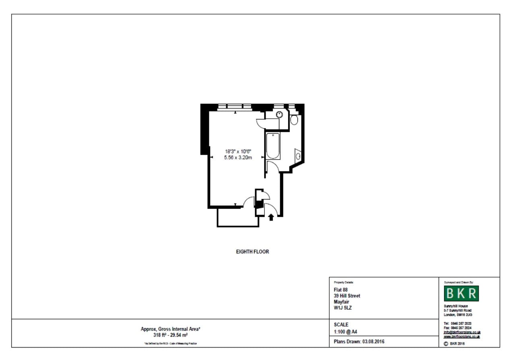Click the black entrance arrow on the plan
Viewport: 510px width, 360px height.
(x=271, y=217)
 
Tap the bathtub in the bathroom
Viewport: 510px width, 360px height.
(x=273, y=146)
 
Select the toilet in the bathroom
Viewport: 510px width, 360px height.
(x=294, y=120)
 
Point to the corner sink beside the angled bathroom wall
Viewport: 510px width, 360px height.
(x=298, y=155)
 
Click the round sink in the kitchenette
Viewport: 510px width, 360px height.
(x=279, y=115)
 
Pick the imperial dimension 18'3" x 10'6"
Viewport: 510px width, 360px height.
(x=238, y=152)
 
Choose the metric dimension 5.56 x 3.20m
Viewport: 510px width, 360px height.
(x=238, y=157)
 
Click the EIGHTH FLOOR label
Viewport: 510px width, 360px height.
(x=252, y=252)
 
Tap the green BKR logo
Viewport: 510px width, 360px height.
(x=461, y=294)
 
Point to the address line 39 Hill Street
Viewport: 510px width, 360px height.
(x=347, y=296)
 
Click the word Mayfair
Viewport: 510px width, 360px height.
(x=341, y=302)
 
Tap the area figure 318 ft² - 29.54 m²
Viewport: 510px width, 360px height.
(x=170, y=335)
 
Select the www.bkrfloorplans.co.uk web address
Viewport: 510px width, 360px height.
(x=462, y=336)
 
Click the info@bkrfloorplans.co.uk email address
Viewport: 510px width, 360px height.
(x=462, y=332)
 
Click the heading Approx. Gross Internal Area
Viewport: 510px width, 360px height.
(x=170, y=329)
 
